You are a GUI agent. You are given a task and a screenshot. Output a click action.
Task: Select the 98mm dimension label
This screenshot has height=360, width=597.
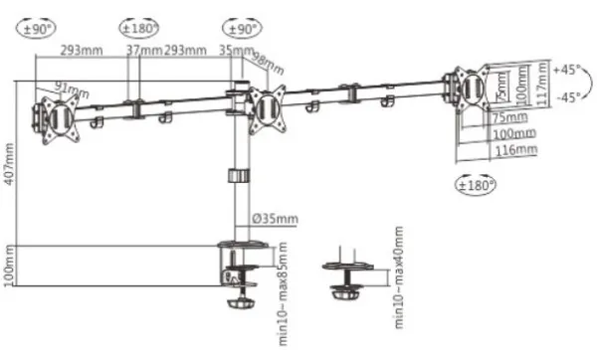268,63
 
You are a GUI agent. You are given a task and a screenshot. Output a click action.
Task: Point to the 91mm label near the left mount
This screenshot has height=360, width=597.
71,90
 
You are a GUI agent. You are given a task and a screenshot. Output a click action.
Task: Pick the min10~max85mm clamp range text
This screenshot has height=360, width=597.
284,284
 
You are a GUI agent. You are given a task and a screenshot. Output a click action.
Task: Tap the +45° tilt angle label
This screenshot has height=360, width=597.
566,71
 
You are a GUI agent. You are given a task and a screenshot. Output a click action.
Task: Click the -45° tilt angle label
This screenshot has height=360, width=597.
566,97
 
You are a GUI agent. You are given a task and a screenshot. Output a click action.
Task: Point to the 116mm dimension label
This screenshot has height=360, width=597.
515,150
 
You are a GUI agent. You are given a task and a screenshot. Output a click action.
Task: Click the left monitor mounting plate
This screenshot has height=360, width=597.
56,117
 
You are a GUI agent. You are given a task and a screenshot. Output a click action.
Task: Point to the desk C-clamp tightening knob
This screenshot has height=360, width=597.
239,299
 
